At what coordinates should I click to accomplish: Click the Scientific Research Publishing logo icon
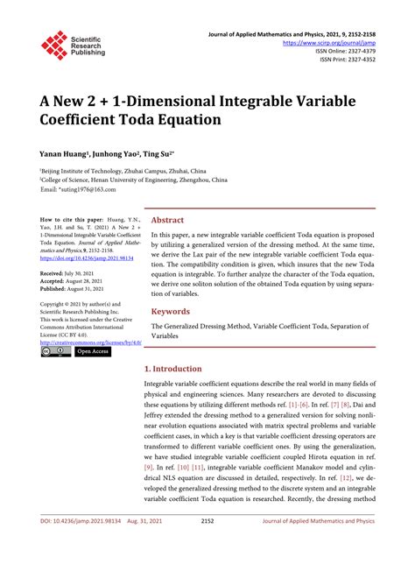[x=53, y=43]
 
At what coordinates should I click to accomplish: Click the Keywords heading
[x=170, y=311]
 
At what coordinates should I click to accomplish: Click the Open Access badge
[x=95, y=352]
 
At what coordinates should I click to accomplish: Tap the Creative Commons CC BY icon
[x=55, y=352]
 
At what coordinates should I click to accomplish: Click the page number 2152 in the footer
[x=207, y=545]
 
